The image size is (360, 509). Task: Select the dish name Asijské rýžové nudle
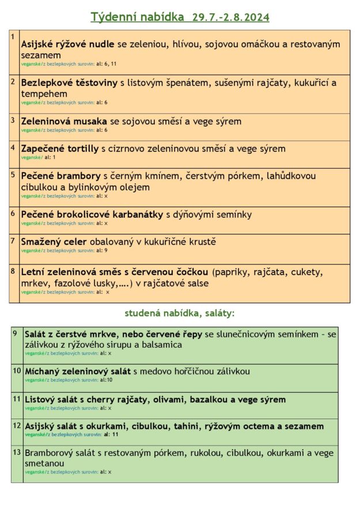(x=68, y=44)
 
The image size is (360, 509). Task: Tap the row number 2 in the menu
(x=13, y=81)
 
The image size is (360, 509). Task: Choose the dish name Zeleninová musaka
(x=64, y=121)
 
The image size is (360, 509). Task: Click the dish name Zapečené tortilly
(x=60, y=149)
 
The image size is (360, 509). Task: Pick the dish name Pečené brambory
(x=61, y=176)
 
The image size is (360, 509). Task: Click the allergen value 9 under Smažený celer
(x=106, y=250)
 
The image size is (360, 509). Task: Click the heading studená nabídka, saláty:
(x=180, y=313)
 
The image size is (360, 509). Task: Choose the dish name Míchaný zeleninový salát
(x=78, y=371)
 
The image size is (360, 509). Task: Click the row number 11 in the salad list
(x=17, y=398)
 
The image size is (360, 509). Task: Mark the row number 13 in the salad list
(x=17, y=452)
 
